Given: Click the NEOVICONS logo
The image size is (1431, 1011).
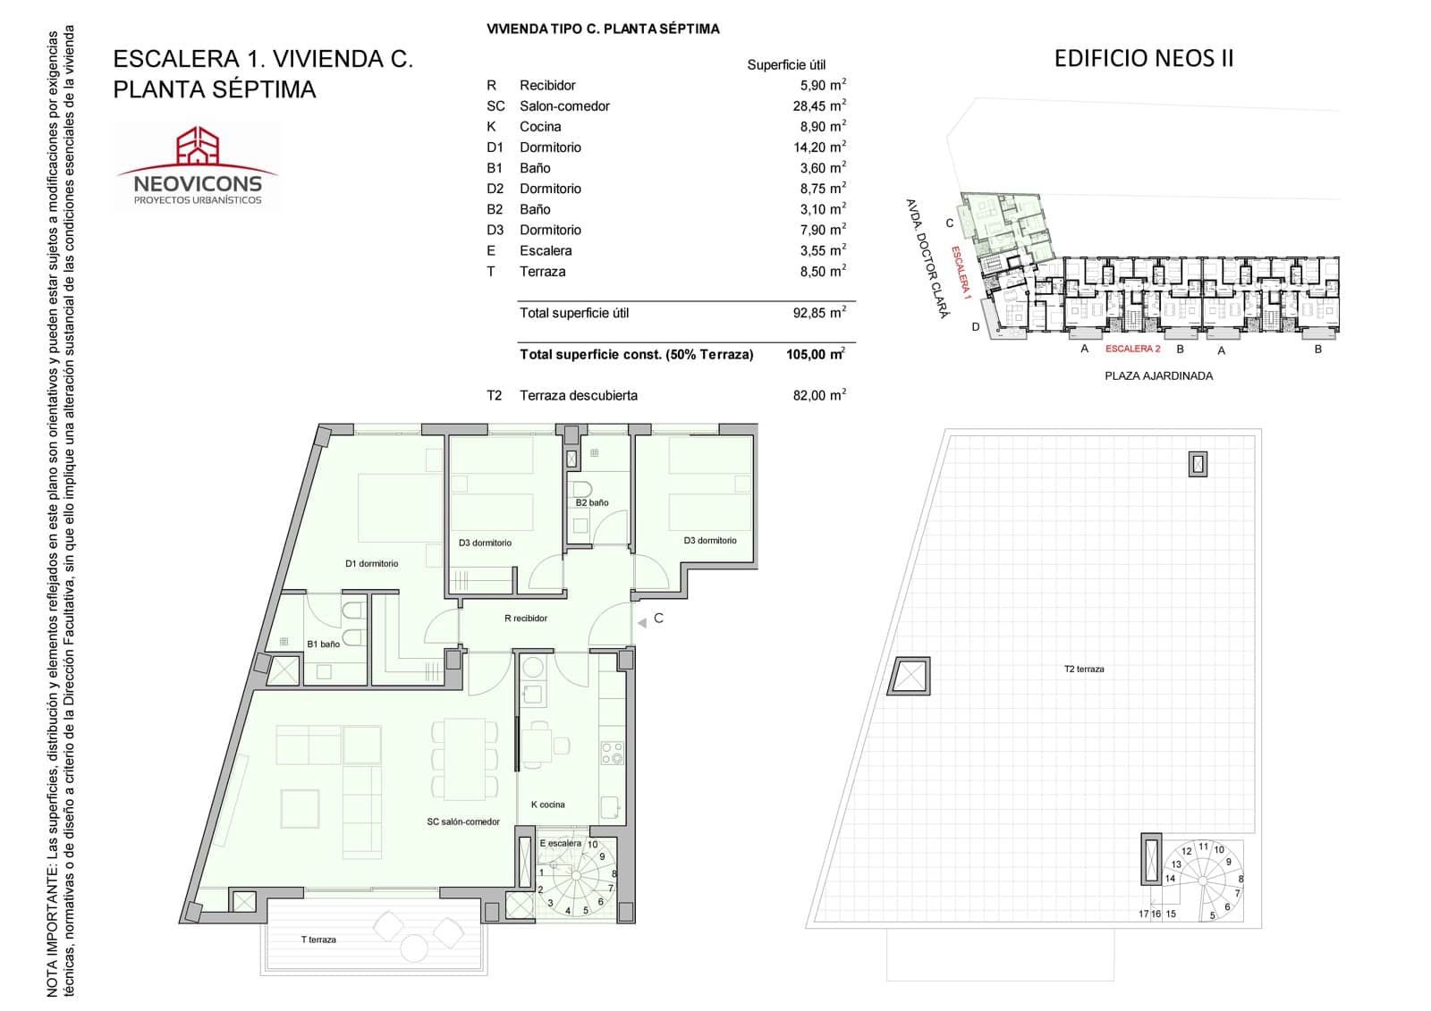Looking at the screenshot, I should click(197, 167).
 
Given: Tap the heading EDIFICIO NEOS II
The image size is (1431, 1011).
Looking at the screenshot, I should click(1143, 59).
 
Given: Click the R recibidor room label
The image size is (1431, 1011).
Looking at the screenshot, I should click(526, 619).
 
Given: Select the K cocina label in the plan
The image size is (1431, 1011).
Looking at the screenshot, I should click(547, 805).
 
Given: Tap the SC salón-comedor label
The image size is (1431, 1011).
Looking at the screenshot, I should click(463, 822).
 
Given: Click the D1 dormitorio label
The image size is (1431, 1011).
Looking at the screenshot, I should click(371, 564).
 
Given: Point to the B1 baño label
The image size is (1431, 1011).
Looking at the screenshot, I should click(323, 645).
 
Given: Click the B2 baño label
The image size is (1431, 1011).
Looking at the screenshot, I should click(591, 503).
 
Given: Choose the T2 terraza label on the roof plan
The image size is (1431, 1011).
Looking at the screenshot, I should click(1084, 670).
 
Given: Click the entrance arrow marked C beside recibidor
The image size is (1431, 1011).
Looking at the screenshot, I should click(641, 622).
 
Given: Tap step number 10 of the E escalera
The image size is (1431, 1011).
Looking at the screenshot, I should click(592, 845).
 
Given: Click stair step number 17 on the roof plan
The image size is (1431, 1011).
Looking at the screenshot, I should click(1143, 914).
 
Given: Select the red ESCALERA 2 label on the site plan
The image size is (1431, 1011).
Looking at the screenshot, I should click(1132, 350).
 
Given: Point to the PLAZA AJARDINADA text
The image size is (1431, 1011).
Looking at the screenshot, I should click(1158, 376).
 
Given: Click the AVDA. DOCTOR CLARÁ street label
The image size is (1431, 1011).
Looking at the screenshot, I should click(927, 258).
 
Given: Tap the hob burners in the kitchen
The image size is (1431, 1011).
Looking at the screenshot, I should click(612, 753).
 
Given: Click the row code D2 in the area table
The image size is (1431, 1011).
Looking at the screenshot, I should click(495, 190).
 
